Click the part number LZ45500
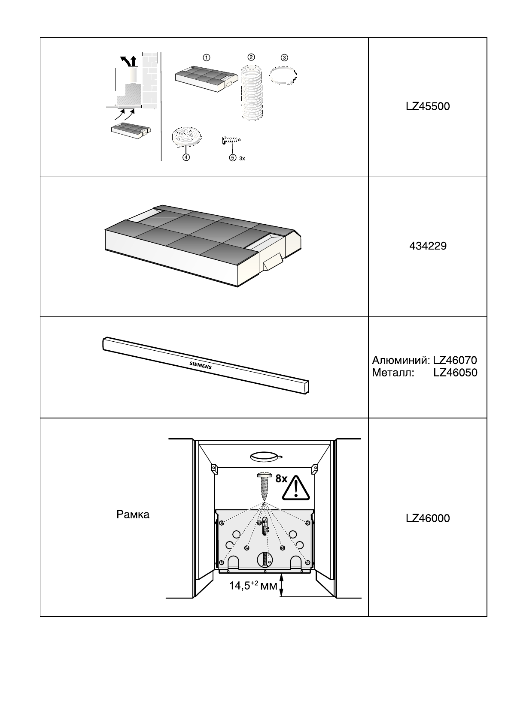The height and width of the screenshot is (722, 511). tap(428, 106)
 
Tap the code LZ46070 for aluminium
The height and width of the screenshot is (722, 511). tap(455, 361)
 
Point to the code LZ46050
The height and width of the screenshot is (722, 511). tap(455, 373)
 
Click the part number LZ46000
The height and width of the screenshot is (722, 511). tap(428, 518)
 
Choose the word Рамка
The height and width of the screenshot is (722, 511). tap(133, 514)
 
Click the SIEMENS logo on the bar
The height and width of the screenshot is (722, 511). tap(201, 365)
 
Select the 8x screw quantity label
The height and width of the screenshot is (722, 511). tap(281, 479)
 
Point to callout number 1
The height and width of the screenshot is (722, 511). tap(206, 57)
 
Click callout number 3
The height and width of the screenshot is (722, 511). tap(284, 57)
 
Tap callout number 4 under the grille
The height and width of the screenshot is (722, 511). tap(186, 157)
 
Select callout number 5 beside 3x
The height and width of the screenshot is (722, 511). tap(233, 158)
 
